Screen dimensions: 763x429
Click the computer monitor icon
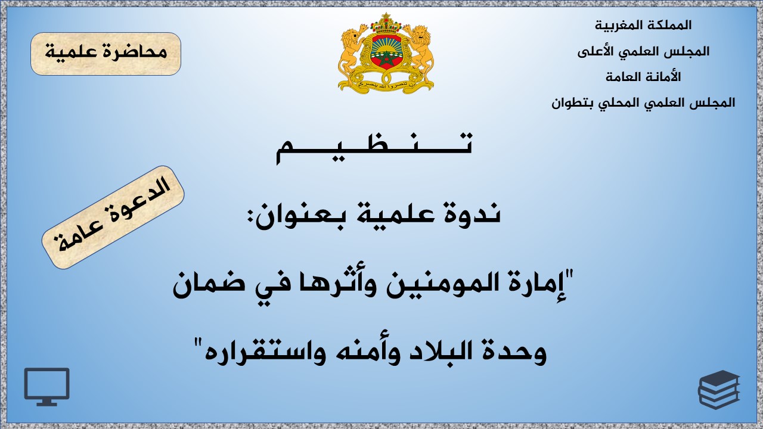[x=46, y=387]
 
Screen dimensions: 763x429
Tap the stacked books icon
[x=719, y=390]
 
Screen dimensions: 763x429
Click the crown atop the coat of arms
[x=386, y=23]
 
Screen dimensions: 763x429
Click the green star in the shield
[x=386, y=60]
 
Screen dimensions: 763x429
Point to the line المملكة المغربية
[x=643, y=25]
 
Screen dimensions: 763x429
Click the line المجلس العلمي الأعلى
[x=643, y=51]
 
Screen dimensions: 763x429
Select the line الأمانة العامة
[x=643, y=77]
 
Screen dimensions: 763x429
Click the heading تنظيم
[x=374, y=148]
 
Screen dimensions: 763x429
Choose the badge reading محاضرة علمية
[x=106, y=54]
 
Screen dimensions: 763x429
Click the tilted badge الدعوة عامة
[x=113, y=217]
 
